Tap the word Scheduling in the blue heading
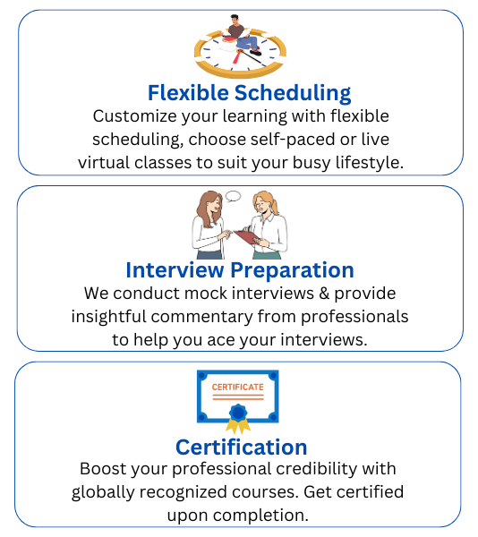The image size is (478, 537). [291, 93]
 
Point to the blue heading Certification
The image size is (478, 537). [241, 447]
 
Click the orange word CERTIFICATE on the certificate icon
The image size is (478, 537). [237, 388]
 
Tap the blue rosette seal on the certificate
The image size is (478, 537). [237, 413]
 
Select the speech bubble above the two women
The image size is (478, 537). [233, 196]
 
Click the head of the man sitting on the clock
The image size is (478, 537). [235, 20]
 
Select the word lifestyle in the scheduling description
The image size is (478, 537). [368, 162]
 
